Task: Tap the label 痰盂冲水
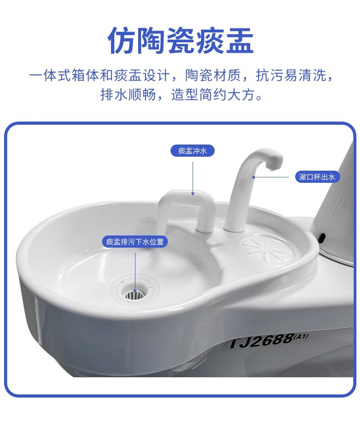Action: [193, 151]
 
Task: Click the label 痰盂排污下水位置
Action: [135, 242]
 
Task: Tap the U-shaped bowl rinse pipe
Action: [184, 203]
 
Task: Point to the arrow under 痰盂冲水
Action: [193, 178]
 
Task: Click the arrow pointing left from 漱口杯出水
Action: [270, 177]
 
